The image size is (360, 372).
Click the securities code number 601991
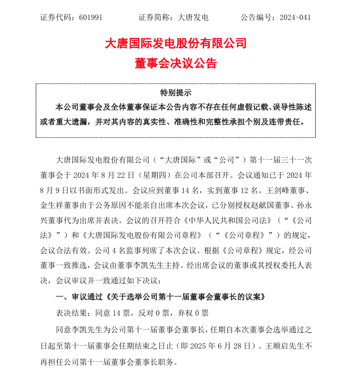(x=89, y=18)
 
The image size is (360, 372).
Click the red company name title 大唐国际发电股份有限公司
(x=176, y=43)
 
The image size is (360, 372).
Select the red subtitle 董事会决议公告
(x=176, y=63)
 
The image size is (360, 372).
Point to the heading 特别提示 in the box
(x=175, y=93)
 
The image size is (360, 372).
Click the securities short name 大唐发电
(x=193, y=18)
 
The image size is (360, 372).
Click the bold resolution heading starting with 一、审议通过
(x=160, y=296)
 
